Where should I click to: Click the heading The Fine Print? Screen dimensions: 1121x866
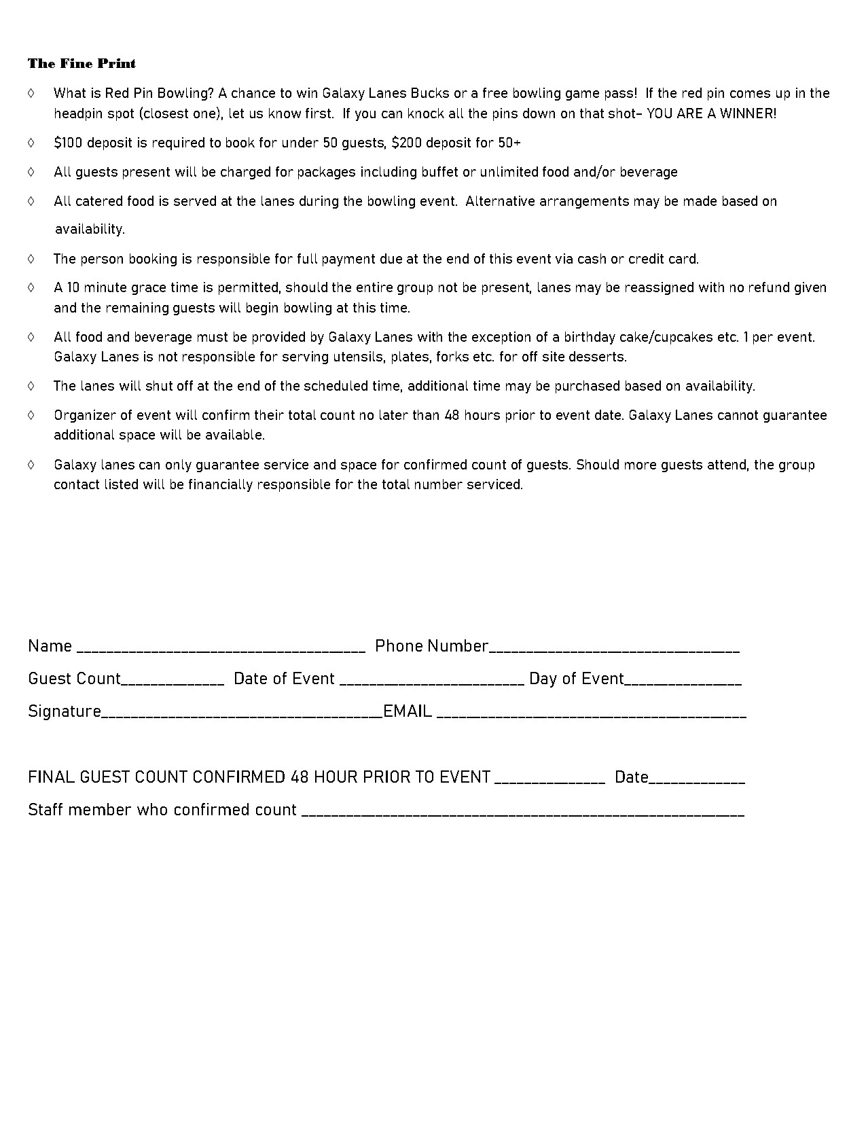82,64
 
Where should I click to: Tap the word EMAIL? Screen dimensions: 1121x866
408,711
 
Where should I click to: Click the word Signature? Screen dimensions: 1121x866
65,711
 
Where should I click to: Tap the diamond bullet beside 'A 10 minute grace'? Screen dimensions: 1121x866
31,287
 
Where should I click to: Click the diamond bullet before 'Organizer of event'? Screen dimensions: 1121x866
31,415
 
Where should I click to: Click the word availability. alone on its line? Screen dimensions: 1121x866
90,230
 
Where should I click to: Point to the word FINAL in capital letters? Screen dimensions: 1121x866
51,777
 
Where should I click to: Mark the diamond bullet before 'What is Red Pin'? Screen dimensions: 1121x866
31,93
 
